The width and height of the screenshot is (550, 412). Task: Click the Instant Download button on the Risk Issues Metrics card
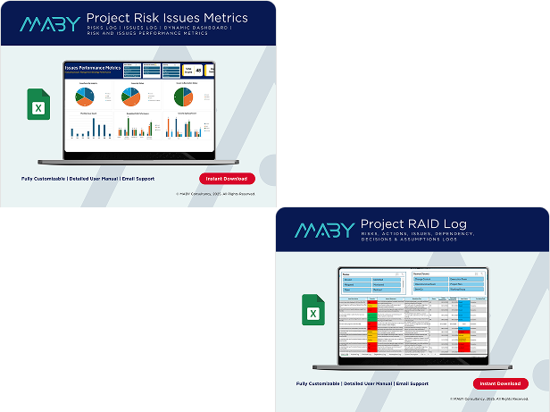(227, 179)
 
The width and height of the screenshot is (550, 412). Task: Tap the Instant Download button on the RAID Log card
(500, 383)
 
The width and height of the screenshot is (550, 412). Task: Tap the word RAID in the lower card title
(427, 223)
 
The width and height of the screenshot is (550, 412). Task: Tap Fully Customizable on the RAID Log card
(322, 383)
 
